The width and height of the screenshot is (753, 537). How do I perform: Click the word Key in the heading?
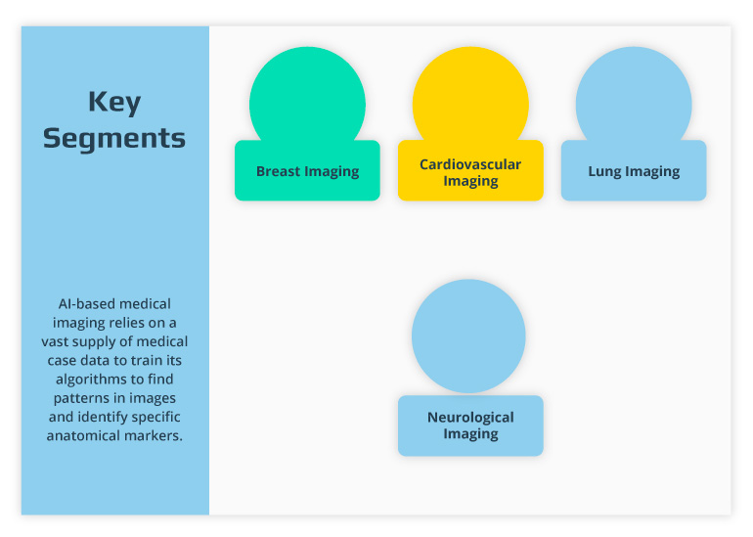[113, 103]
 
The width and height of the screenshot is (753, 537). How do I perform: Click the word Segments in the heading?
[113, 138]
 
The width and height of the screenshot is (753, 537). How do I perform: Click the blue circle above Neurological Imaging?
[469, 336]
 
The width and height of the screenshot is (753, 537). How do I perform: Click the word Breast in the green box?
[278, 171]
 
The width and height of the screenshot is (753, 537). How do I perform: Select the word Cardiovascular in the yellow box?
[470, 164]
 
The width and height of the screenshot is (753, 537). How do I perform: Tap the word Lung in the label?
[604, 171]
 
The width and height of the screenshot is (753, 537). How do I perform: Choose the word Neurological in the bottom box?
[470, 417]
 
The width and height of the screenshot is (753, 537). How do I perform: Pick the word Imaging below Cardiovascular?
[470, 181]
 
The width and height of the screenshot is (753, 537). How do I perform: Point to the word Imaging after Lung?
[652, 171]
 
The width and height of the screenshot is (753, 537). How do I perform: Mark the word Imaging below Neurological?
[470, 433]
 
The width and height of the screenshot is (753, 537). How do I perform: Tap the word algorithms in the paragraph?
[77, 380]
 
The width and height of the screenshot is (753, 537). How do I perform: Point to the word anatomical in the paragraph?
[81, 435]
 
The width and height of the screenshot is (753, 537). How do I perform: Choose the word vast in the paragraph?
[56, 342]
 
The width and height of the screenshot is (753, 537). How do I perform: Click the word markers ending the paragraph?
[153, 435]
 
